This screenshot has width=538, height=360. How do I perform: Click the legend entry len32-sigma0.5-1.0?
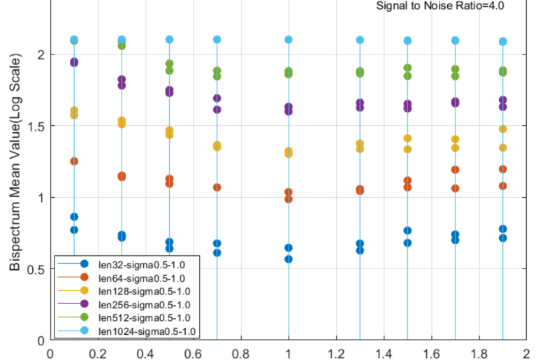(140, 264)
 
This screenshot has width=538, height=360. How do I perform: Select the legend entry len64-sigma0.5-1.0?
(140, 277)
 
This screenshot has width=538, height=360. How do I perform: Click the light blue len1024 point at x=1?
(289, 40)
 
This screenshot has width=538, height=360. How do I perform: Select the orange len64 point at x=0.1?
(74, 161)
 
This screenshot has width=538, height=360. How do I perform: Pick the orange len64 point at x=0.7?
(217, 187)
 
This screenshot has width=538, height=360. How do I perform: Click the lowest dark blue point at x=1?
(289, 259)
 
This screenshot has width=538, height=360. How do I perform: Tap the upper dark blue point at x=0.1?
(74, 217)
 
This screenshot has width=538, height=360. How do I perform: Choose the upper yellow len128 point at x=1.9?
(502, 129)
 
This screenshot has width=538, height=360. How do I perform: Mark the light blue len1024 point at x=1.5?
(407, 41)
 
